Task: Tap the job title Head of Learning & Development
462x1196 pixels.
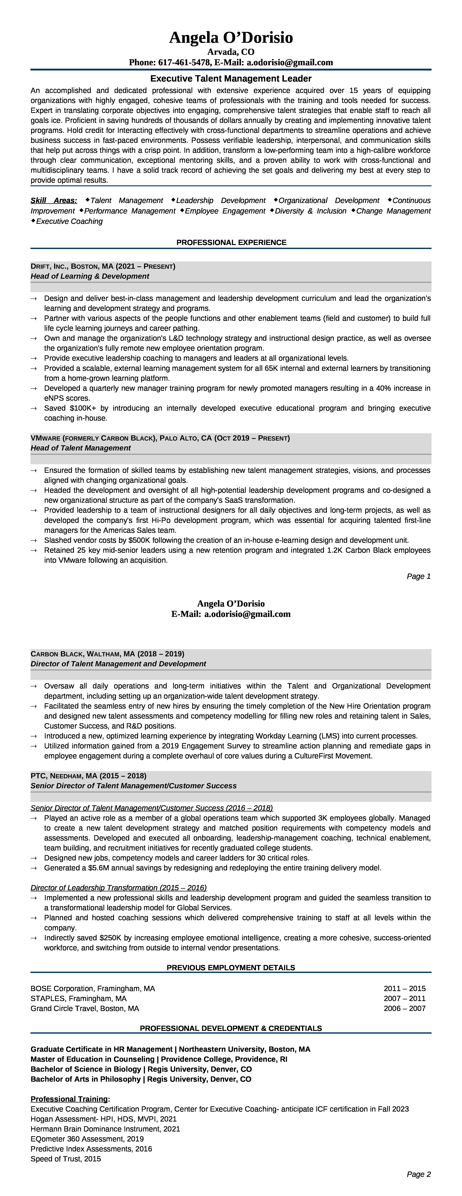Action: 90,276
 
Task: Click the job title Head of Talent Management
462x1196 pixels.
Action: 80,448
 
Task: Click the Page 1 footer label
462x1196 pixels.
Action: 418,576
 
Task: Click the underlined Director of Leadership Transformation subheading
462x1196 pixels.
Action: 118,888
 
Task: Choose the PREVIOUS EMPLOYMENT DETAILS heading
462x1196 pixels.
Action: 231,967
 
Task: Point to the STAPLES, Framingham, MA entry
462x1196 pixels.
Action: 78,998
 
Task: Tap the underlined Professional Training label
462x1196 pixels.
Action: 70,1099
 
